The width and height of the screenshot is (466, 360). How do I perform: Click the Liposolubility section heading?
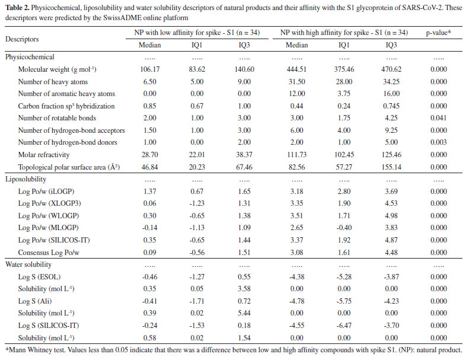coord(25,179)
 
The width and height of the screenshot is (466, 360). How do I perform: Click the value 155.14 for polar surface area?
coord(391,167)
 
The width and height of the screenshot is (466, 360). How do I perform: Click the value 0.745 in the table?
coord(391,106)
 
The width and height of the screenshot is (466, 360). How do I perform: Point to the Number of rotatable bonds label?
coord(58,118)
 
